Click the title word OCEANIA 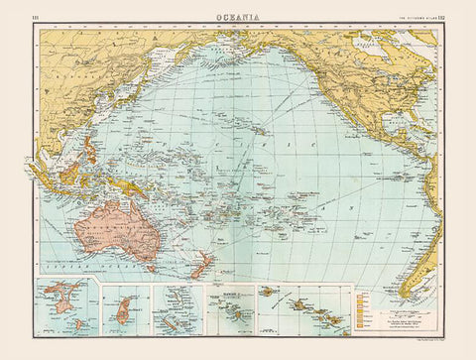pos(238,14)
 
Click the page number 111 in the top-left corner pos(37,15)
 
